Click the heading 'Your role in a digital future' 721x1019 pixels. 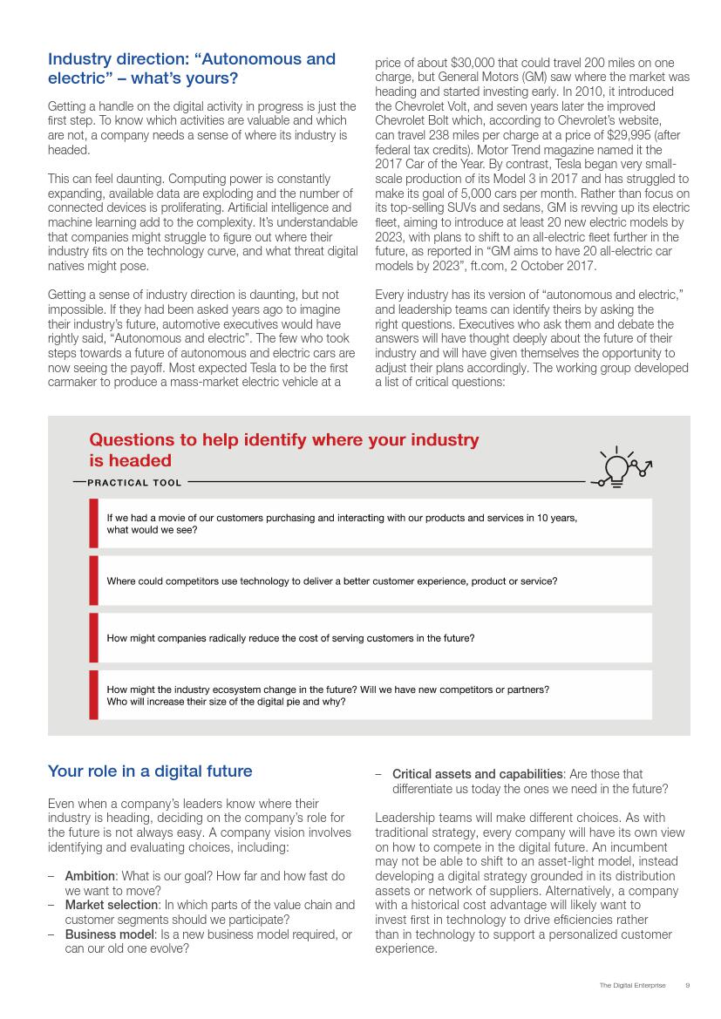pos(150,771)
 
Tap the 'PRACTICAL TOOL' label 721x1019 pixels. pos(134,483)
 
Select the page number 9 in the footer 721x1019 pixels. pos(687,985)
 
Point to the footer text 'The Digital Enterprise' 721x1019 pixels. pos(632,985)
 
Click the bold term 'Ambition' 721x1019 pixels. pos(90,875)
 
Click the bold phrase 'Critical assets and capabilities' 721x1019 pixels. pos(477,774)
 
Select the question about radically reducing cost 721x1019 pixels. pos(290,638)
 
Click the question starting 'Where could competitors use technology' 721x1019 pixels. pos(331,581)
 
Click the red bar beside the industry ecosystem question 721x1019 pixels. pos(93,695)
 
